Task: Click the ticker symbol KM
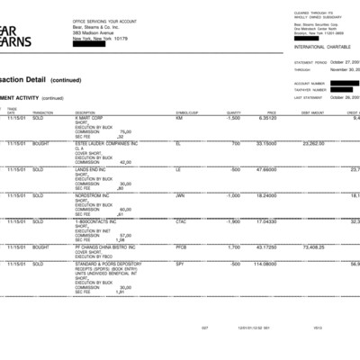178,118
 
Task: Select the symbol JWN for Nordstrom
180,194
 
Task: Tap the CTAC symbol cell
181,220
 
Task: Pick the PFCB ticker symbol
181,247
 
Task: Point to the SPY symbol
179,263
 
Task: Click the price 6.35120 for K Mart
266,118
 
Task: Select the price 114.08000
265,263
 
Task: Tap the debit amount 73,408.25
312,247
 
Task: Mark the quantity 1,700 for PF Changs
233,247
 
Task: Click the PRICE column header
271,112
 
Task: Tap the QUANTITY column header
233,112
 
